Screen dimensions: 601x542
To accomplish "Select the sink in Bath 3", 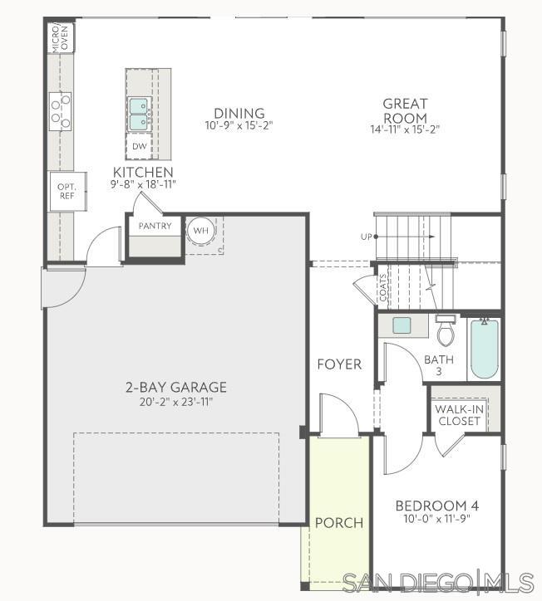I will [402, 325].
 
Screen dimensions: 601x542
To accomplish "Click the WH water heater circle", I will [200, 230].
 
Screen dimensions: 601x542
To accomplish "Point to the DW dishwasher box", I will [138, 146].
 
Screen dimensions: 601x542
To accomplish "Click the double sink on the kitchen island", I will [138, 115].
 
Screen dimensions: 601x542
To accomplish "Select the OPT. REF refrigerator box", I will [67, 192].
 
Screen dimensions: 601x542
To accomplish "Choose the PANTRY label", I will [155, 226].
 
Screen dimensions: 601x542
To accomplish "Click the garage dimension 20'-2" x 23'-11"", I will [176, 403].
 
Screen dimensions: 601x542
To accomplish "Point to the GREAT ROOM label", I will [405, 111].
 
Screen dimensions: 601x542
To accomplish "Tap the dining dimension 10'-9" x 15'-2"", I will [239, 125].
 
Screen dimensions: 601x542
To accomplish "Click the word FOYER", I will [339, 364].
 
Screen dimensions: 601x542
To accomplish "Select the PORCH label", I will [338, 523].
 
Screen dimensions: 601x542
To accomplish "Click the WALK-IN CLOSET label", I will [460, 414].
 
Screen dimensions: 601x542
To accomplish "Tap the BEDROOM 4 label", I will [436, 506].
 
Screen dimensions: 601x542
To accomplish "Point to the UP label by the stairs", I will [366, 237].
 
